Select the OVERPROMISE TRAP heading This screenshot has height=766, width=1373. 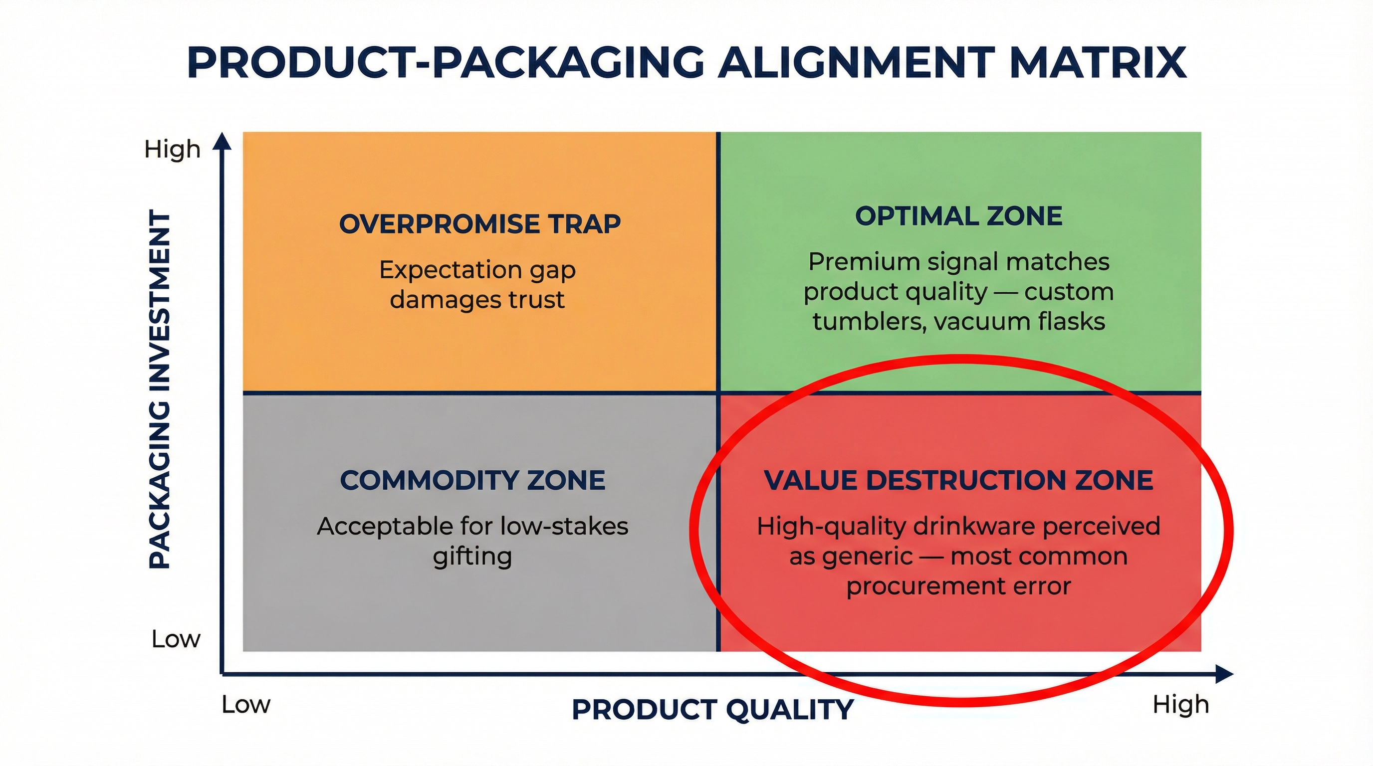[x=479, y=224]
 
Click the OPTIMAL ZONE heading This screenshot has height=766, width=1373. [x=958, y=216]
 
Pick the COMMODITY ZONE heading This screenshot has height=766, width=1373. [x=472, y=480]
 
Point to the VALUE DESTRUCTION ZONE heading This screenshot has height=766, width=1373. [x=958, y=480]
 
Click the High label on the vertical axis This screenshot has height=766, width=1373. [x=172, y=149]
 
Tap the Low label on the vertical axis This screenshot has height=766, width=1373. [x=176, y=639]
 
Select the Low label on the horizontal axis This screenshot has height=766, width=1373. [x=245, y=704]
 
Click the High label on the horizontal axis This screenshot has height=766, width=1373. [x=1180, y=704]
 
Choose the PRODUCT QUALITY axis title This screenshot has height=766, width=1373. [x=712, y=710]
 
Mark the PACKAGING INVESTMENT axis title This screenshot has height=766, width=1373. [x=159, y=389]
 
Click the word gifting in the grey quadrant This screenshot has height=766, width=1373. [x=472, y=557]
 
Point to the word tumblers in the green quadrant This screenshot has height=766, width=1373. [x=869, y=322]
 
